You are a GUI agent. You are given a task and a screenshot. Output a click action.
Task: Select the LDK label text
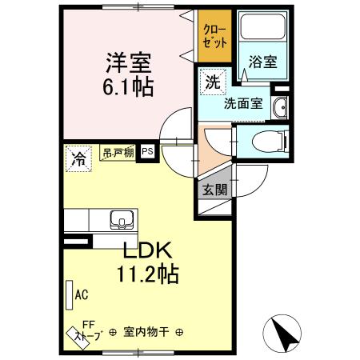146,250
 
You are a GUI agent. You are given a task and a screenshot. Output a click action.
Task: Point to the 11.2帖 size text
146,274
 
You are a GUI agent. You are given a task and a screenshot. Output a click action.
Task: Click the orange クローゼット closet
214,37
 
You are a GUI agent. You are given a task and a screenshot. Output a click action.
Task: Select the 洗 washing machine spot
213,80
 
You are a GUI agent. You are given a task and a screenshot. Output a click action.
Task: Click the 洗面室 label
243,102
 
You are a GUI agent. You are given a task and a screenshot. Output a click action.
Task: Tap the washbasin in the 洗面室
280,110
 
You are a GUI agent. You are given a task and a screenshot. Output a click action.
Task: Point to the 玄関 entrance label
214,190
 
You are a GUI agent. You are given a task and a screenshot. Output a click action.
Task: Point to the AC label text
81,294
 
